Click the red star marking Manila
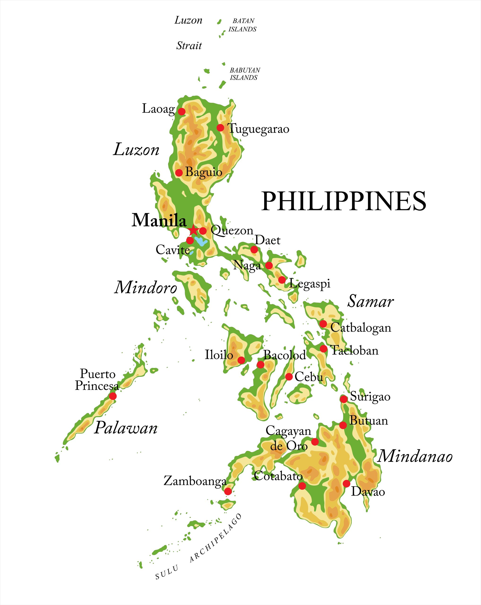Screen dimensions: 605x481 click(193, 231)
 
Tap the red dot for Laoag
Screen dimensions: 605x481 click(182, 111)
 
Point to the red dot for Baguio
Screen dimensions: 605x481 click(179, 173)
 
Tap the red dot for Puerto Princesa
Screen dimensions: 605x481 click(113, 396)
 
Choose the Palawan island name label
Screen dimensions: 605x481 click(126, 428)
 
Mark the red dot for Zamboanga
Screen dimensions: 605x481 click(228, 491)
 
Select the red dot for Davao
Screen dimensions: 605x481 click(346, 484)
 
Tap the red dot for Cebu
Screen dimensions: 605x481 click(289, 376)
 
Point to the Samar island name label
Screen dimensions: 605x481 click(370, 302)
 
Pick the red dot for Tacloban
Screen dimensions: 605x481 click(324, 349)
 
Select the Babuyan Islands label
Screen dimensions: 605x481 click(245, 74)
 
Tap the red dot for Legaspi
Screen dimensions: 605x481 click(282, 280)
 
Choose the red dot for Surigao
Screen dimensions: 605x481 click(343, 399)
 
